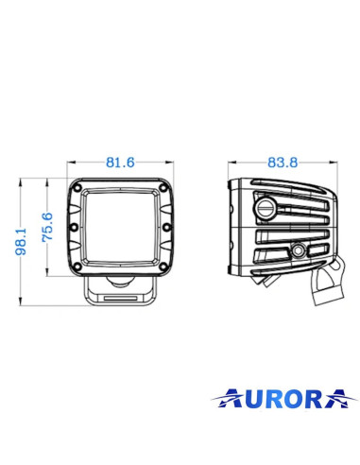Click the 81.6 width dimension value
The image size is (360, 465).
coord(119,163)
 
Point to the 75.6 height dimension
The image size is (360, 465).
coord(46,228)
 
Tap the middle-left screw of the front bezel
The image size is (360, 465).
coord(73,227)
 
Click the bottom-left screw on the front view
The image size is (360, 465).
coord(77,265)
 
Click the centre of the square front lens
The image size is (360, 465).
coord(119,228)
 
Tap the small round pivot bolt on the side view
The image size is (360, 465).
coord(297,250)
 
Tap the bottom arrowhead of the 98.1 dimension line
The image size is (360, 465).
coord(26,304)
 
